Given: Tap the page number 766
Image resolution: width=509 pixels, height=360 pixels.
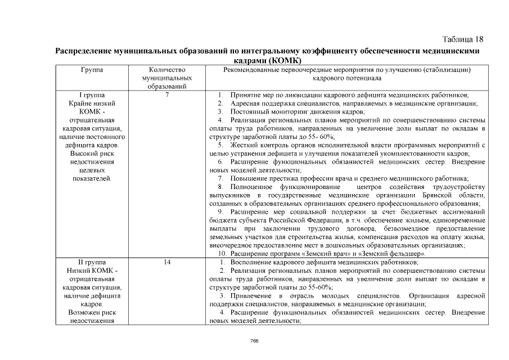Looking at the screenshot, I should (254, 341).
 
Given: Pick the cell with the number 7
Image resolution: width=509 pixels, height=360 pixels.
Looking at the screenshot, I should (167, 95).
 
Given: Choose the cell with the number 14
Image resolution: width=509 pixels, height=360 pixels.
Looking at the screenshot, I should (167, 263).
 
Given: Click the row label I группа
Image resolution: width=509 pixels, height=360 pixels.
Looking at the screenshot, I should (92, 95).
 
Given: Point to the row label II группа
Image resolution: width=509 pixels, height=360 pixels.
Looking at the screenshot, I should (92, 263).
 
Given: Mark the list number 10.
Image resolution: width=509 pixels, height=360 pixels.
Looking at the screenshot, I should (222, 254).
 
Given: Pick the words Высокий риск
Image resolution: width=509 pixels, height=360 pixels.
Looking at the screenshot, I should (92, 153).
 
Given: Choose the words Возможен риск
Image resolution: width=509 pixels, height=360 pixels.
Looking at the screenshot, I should (92, 312).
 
